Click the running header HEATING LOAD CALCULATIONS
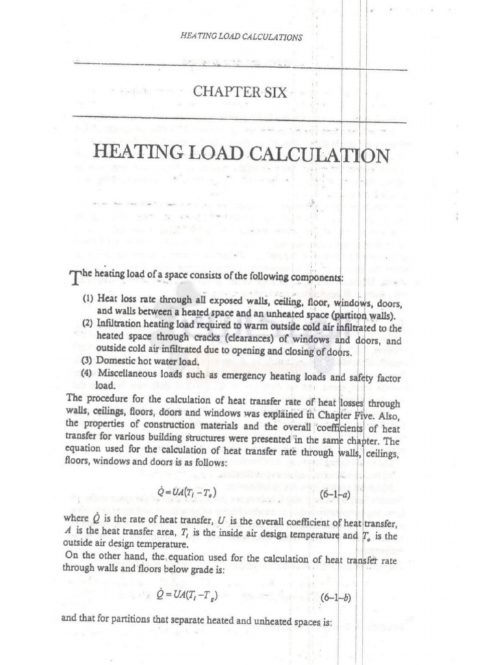[x=240, y=37]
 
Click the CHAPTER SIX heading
[x=240, y=92]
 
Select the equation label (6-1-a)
[x=337, y=496]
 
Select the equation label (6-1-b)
[x=336, y=597]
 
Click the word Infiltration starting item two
[x=120, y=323]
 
